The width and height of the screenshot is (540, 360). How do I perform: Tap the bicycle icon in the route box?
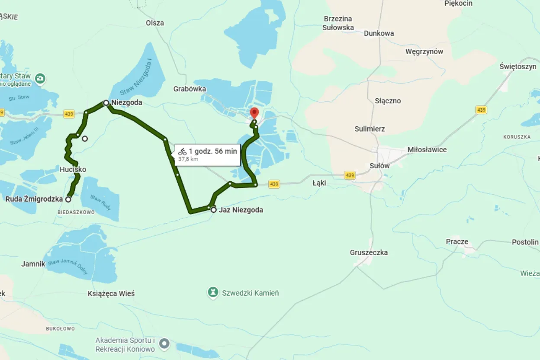(x=183, y=151)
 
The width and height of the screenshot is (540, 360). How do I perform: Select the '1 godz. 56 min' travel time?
(x=213, y=151)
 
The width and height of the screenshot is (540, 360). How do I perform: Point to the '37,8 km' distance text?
(x=188, y=159)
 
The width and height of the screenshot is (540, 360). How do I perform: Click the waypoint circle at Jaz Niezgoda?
(x=214, y=210)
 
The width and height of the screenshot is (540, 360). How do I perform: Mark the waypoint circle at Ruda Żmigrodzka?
(x=68, y=199)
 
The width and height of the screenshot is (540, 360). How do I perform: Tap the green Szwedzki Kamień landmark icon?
(x=212, y=293)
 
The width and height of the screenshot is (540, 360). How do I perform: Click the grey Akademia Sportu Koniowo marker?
(x=164, y=344)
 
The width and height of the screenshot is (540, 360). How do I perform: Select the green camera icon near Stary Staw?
(x=40, y=78)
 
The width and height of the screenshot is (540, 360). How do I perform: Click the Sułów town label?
(x=379, y=166)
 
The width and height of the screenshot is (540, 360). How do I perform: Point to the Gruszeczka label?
(x=369, y=253)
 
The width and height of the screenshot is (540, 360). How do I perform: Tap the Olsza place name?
(x=155, y=23)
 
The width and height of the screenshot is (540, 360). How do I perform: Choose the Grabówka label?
(x=190, y=89)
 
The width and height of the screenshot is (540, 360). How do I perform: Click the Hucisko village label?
(x=73, y=170)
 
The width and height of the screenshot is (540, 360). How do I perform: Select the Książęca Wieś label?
(x=111, y=294)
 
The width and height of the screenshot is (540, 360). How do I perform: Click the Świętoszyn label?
(x=517, y=67)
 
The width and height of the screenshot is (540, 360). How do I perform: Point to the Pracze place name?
(x=457, y=242)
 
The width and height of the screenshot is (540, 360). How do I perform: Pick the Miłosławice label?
(x=427, y=150)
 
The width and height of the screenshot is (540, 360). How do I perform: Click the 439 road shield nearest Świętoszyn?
(x=481, y=110)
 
